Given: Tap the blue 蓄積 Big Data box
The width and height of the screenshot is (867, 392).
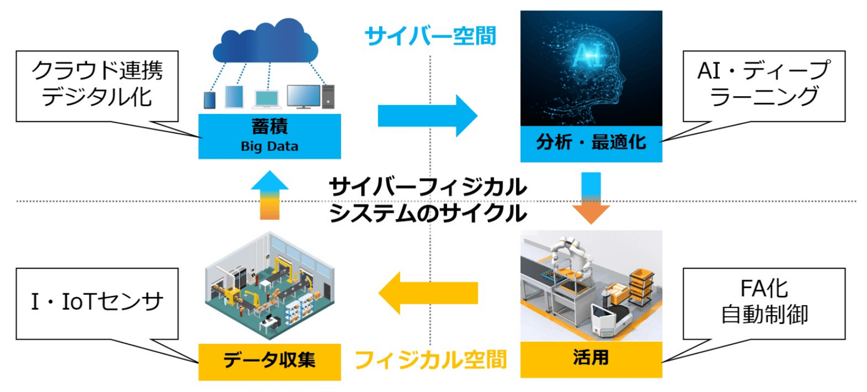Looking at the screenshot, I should [x=269, y=136].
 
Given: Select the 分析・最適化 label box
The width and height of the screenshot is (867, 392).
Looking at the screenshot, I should [x=591, y=143].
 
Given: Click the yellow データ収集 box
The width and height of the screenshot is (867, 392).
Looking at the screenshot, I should [x=269, y=361].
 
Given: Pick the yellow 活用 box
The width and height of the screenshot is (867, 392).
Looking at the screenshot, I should [x=591, y=359].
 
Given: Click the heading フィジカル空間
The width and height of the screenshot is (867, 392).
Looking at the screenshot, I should [x=430, y=360].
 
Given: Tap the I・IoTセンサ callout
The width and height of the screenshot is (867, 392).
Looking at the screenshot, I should [x=97, y=303].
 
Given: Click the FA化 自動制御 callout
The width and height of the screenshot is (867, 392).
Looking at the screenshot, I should [x=763, y=303].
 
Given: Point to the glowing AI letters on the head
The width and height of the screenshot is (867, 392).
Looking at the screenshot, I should [x=588, y=55].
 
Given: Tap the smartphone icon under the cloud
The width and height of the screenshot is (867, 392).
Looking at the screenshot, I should [x=210, y=99].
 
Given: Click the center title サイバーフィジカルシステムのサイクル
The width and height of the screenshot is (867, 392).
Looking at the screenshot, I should [x=428, y=200].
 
